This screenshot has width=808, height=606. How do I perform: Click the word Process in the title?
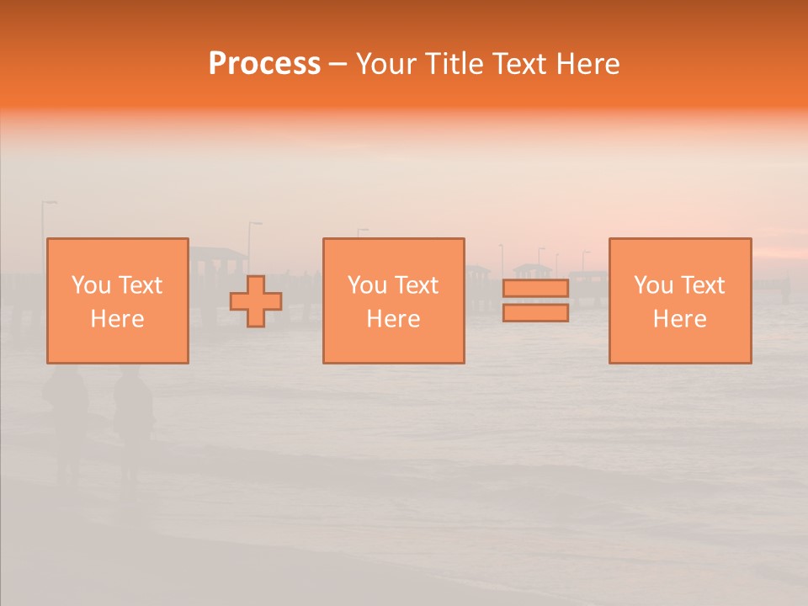[x=264, y=64]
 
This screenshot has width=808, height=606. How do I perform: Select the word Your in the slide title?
[x=385, y=64]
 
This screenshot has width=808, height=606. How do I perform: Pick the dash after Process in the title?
[x=338, y=65]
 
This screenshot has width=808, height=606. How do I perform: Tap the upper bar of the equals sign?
[x=535, y=289]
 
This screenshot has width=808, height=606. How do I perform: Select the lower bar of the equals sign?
[x=535, y=313]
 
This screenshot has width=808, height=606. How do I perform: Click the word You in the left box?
[x=89, y=285]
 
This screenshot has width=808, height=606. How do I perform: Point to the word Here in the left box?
[x=117, y=319]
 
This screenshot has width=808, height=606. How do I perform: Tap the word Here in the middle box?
[x=393, y=319]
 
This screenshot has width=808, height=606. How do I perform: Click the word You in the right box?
[x=652, y=285]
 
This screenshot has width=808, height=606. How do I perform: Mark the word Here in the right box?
[x=679, y=319]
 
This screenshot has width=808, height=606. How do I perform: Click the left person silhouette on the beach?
[x=66, y=412]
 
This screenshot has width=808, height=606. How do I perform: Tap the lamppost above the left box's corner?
[x=45, y=219]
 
